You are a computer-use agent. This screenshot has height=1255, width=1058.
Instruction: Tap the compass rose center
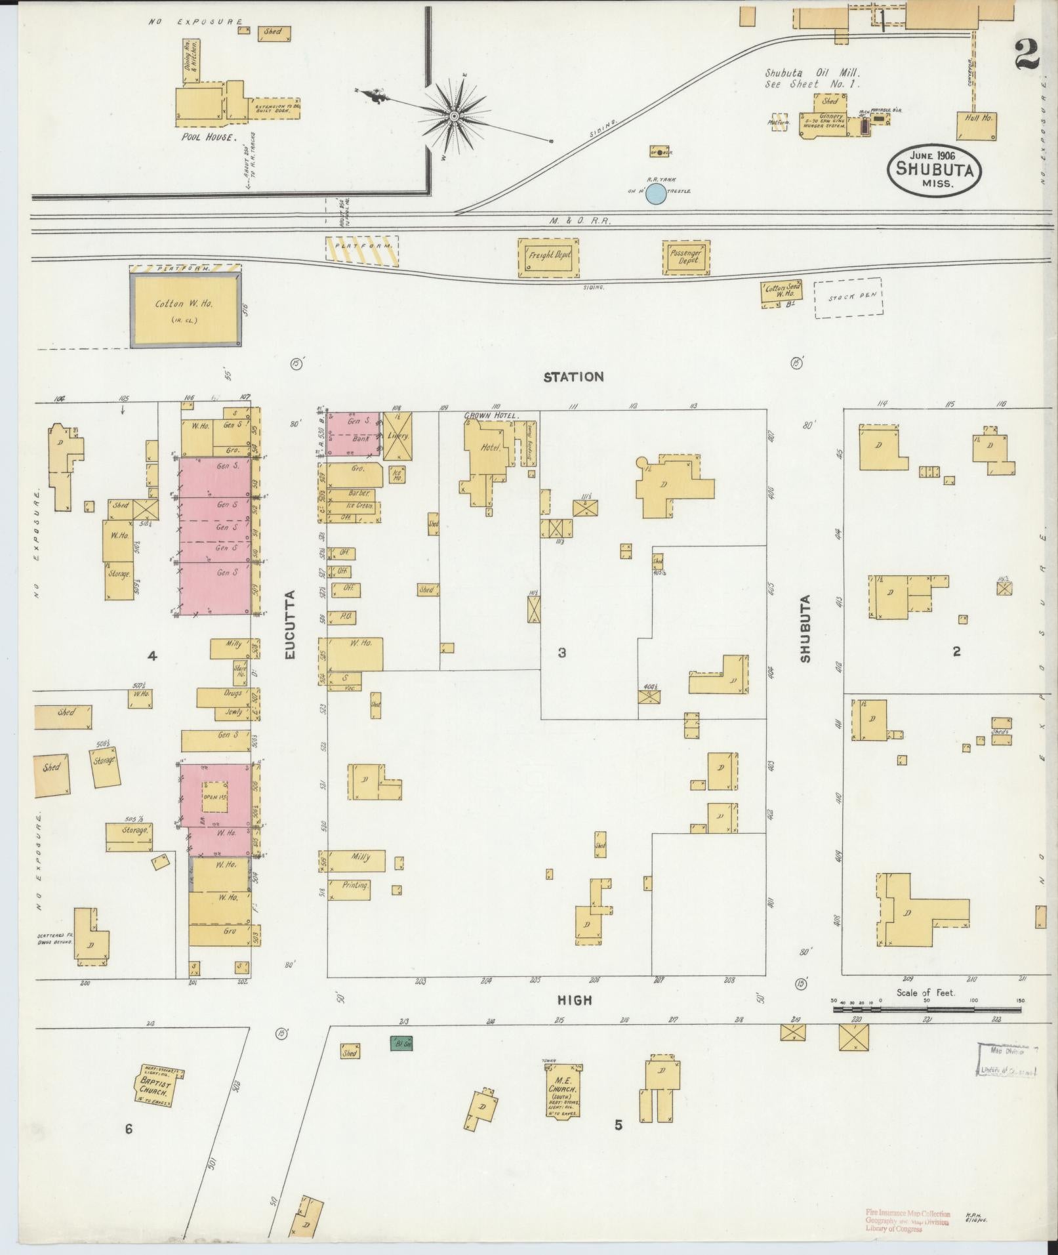pos(453,117)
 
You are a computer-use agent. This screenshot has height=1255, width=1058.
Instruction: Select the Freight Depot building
pos(550,256)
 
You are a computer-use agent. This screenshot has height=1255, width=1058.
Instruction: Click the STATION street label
pos(573,377)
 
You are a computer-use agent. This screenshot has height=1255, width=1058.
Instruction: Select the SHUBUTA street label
pos(805,628)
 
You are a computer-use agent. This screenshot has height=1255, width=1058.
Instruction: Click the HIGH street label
pos(575,1000)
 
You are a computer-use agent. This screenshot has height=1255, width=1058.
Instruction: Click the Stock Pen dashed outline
pos(847,298)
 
